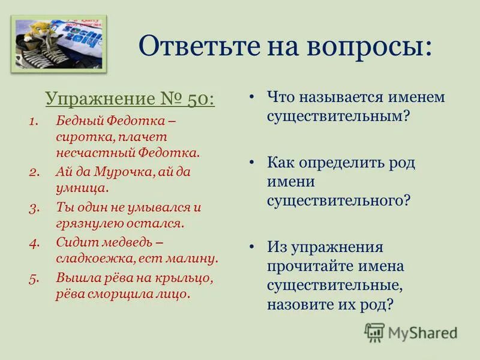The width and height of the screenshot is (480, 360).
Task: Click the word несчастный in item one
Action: [90, 152]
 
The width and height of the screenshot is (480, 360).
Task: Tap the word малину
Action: [192, 259]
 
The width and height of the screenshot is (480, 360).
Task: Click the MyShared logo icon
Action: [374, 332]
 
